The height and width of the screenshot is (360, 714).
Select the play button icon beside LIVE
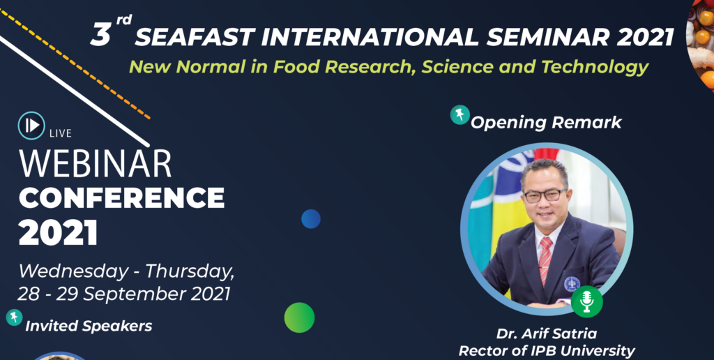[x=31, y=126]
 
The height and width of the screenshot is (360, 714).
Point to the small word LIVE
[x=61, y=133]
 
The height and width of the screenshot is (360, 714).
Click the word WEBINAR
[x=95, y=163]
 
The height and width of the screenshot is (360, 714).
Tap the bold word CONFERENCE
[x=121, y=197]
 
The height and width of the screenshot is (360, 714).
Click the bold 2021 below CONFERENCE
[x=59, y=232]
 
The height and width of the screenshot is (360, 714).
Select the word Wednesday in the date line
[x=73, y=272]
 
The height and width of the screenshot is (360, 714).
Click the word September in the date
[x=135, y=294]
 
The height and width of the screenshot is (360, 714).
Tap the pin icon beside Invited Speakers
[x=14, y=317]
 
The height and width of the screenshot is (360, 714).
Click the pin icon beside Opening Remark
[x=460, y=115]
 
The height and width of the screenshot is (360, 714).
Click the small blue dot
[x=311, y=219]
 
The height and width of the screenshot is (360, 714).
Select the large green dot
[x=299, y=317]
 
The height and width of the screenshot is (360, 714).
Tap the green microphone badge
[x=587, y=301]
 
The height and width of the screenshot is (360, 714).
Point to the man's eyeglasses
[x=545, y=195]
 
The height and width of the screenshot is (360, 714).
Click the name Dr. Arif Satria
[x=547, y=334]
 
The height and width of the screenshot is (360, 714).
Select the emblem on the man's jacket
[x=572, y=284]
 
